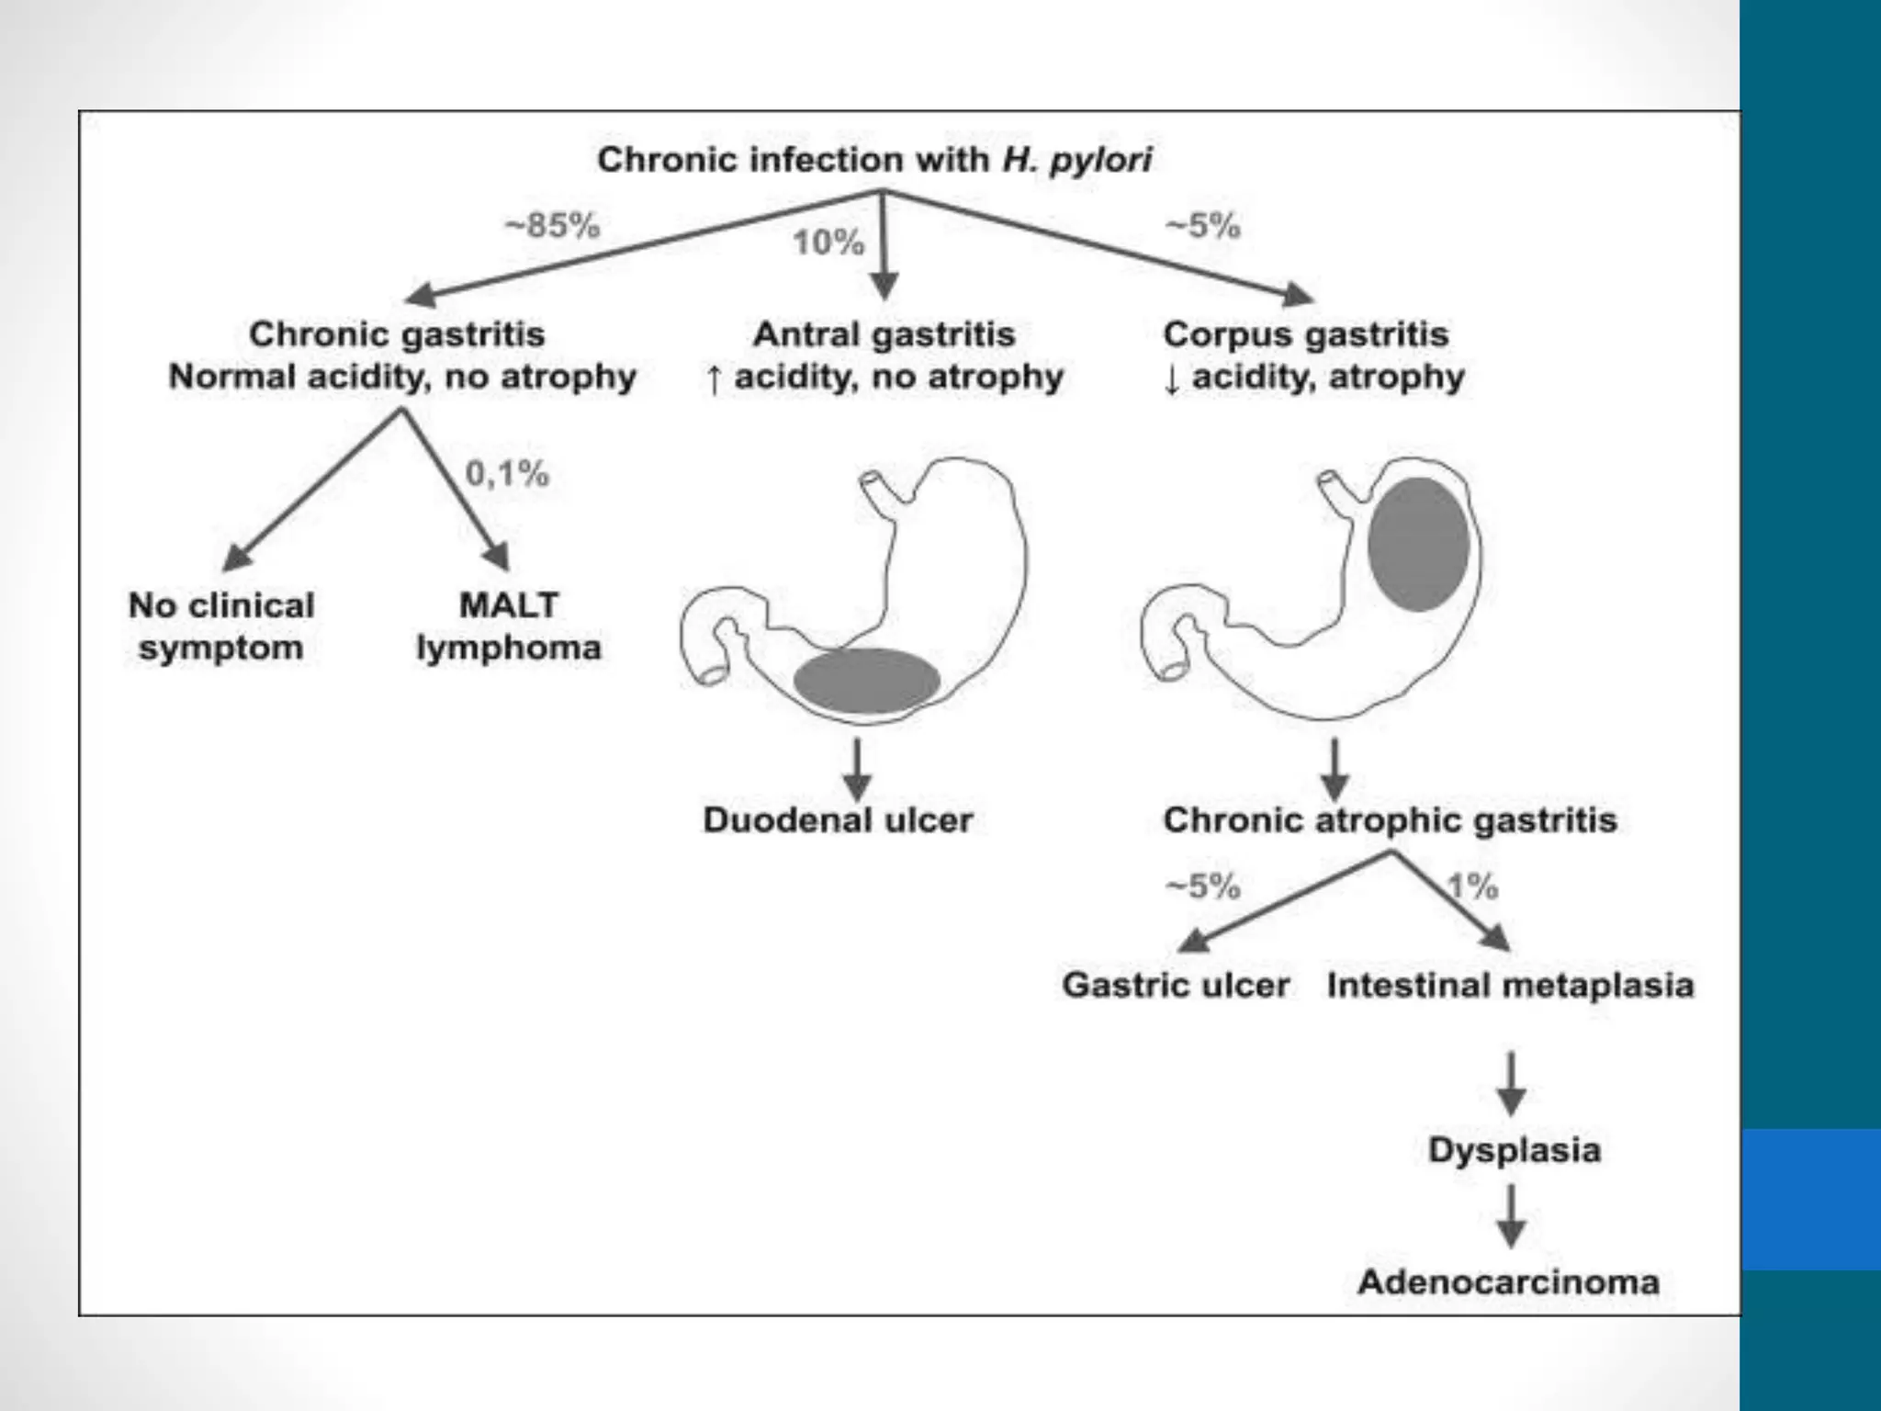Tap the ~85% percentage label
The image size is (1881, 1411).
(x=552, y=225)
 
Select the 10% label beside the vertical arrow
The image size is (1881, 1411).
(x=828, y=243)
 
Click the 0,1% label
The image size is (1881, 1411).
(x=507, y=474)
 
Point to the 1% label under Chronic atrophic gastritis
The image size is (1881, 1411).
(x=1473, y=887)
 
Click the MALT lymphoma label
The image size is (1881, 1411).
(x=509, y=626)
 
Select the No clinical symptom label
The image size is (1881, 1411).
(x=221, y=626)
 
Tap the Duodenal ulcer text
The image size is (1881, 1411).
(x=838, y=819)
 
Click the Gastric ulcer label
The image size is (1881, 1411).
(x=1176, y=985)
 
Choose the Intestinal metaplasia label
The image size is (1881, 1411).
(x=1510, y=985)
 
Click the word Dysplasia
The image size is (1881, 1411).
(x=1514, y=1150)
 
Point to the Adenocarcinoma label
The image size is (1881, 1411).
(x=1508, y=1281)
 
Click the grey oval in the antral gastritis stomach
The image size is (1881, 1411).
(x=866, y=681)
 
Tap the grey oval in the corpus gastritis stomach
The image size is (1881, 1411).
(x=1418, y=545)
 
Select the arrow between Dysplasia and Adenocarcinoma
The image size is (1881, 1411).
(x=1512, y=1216)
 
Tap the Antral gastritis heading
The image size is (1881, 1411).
(x=884, y=334)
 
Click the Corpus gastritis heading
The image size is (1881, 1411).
(x=1305, y=334)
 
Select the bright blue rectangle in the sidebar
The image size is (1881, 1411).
(x=1811, y=1199)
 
